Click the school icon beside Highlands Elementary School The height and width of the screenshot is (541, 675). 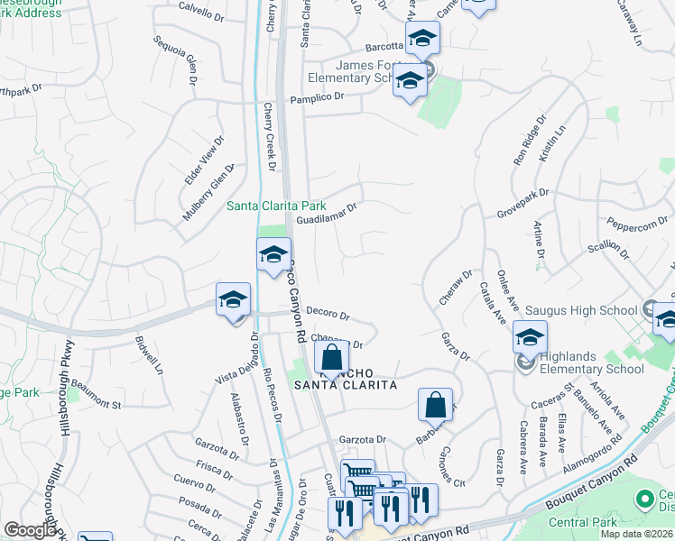530,338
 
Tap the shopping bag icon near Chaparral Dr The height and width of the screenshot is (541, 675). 332,356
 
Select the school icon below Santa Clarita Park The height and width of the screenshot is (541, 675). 274,256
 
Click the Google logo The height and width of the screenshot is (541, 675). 30,530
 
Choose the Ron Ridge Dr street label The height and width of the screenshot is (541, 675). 530,140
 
